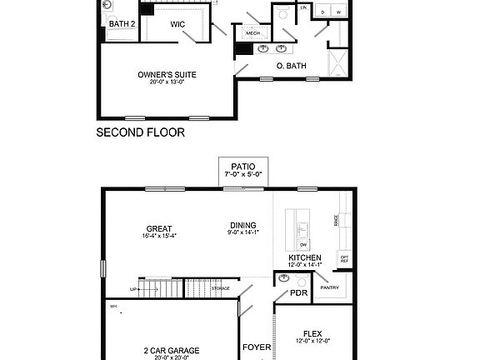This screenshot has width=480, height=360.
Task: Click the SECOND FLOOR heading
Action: (140, 132)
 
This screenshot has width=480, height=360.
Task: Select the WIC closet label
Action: (177, 24)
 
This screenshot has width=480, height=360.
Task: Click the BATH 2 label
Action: (122, 24)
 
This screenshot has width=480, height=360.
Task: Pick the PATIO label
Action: (243, 167)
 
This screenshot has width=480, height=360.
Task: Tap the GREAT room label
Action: (158, 228)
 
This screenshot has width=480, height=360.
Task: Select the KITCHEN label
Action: (305, 258)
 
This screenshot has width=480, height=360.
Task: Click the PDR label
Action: (299, 293)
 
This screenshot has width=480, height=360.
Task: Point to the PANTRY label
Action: (329, 287)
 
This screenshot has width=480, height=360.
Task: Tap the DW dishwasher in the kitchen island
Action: (304, 244)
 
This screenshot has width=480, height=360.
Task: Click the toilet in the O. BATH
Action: (282, 14)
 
